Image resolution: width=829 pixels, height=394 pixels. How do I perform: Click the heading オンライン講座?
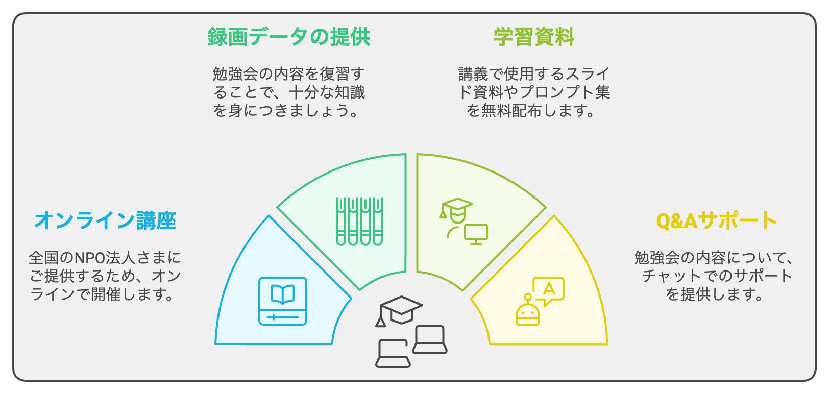[105, 220]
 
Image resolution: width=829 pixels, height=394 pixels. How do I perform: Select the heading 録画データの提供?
[289, 37]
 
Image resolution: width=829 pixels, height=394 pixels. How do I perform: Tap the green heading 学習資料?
[534, 37]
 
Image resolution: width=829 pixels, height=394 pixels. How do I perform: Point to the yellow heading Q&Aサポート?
[716, 220]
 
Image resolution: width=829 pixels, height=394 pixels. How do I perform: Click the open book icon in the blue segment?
[283, 301]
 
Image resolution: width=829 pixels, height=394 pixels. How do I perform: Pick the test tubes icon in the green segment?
[359, 221]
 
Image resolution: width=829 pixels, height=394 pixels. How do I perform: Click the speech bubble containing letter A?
[548, 290]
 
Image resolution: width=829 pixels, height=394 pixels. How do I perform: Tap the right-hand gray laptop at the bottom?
[430, 339]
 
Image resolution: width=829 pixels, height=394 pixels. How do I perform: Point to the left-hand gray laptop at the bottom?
[393, 354]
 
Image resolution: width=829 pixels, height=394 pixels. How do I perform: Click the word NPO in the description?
[90, 258]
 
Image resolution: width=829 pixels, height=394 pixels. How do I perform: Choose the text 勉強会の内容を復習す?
[289, 74]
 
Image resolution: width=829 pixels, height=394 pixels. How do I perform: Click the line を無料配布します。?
[531, 111]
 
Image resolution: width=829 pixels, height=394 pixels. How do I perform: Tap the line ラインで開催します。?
[102, 294]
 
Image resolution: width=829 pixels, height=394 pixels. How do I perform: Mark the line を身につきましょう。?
[286, 111]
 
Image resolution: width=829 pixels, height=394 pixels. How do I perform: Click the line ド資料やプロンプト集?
[534, 92]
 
